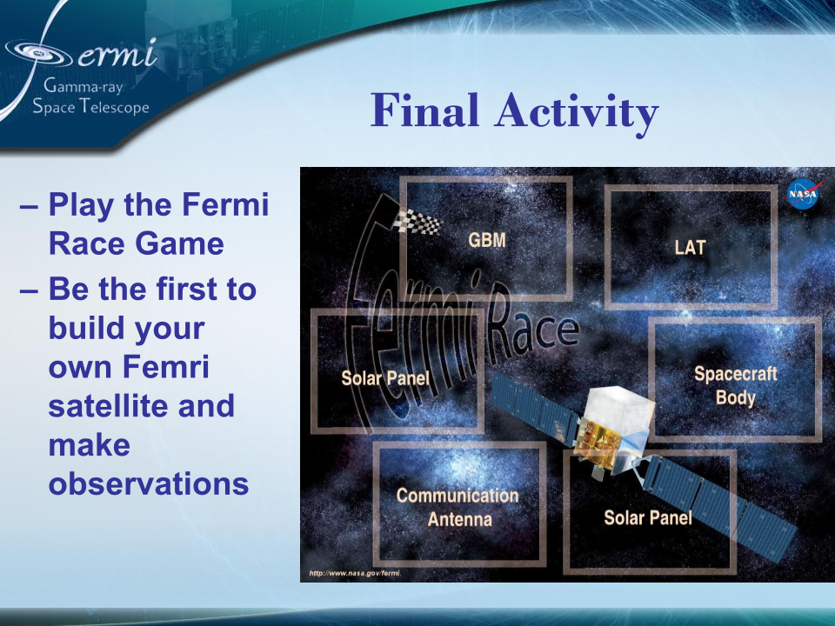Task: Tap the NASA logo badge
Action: (x=802, y=193)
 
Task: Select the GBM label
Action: (x=487, y=240)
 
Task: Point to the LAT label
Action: (x=690, y=247)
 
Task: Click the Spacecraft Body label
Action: (x=735, y=386)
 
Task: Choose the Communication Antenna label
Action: (x=458, y=507)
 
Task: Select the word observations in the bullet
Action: (x=149, y=484)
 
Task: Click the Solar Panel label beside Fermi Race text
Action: (x=385, y=378)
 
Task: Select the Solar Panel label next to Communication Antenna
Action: (x=648, y=518)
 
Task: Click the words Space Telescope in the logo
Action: (x=90, y=107)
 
